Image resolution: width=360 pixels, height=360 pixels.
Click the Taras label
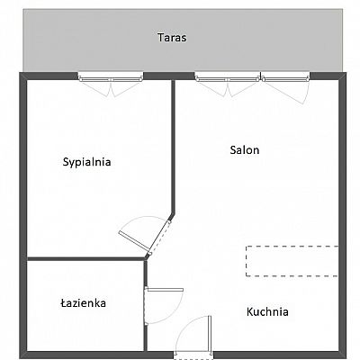click(x=172, y=38)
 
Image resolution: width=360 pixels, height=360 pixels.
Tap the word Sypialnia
click(x=86, y=162)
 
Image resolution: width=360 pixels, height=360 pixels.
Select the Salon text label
click(x=245, y=149)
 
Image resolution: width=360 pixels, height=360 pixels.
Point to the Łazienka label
click(x=84, y=302)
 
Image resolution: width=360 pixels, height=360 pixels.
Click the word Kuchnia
click(x=267, y=311)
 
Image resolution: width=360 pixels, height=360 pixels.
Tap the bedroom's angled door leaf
click(x=134, y=240)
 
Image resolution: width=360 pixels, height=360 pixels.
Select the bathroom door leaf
click(x=165, y=290)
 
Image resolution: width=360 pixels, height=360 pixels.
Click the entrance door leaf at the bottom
click(x=210, y=334)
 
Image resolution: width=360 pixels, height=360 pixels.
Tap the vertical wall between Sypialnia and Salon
click(x=173, y=147)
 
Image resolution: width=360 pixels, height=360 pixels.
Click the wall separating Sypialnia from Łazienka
click(x=86, y=258)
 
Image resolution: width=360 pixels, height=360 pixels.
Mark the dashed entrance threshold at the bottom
click(x=193, y=356)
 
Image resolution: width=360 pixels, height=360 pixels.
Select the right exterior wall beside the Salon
click(x=343, y=215)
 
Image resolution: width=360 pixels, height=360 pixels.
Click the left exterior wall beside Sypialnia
click(x=23, y=215)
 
